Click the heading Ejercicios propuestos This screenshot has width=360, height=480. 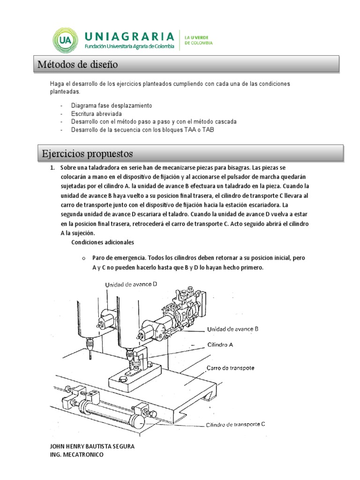(87, 153)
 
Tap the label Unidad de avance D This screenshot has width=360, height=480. (131, 284)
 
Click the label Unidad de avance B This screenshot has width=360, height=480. (232, 329)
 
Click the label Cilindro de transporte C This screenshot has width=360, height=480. (235, 425)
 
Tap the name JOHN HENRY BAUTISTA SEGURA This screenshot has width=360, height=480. (92, 446)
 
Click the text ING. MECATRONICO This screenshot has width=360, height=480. (77, 455)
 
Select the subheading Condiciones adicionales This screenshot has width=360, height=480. (103, 242)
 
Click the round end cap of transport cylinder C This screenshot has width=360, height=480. (137, 421)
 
